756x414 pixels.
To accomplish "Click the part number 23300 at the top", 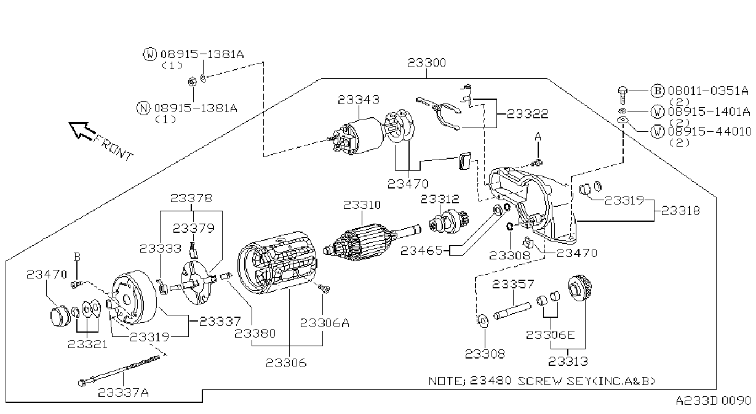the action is [426, 63].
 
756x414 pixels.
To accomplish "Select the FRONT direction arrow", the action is [81, 130].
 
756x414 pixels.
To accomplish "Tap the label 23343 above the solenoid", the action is [359, 100].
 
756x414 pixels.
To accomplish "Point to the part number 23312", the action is [440, 199].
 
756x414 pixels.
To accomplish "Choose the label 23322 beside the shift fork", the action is [528, 114].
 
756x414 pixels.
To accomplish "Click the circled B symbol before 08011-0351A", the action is [657, 91].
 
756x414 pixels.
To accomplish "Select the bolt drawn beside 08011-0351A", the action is [623, 95].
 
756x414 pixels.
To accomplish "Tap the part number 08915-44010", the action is [709, 131].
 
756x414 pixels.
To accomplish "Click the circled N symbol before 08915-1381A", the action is [143, 108].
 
